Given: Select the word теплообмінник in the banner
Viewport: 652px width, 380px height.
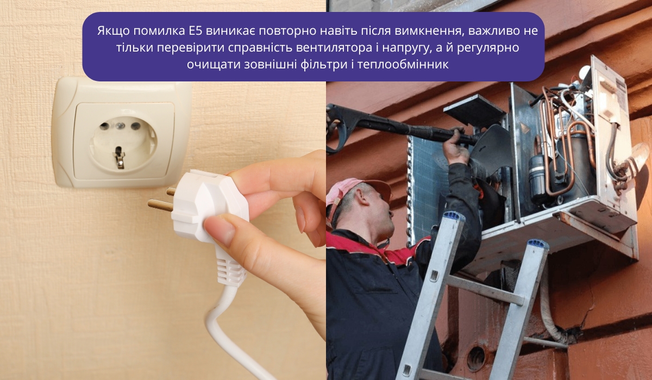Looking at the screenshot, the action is point(403,64).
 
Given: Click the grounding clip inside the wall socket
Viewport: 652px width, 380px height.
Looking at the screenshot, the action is point(119,157).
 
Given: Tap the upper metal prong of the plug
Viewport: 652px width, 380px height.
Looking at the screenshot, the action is point(171,191).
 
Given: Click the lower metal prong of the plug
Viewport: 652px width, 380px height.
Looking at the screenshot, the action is point(160,205).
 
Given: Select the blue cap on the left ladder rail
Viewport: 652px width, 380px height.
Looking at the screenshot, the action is point(453,217).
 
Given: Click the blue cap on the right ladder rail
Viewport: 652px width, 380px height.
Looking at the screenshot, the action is point(538,244).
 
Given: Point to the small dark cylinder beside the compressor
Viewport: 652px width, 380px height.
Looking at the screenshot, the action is point(537,178).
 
